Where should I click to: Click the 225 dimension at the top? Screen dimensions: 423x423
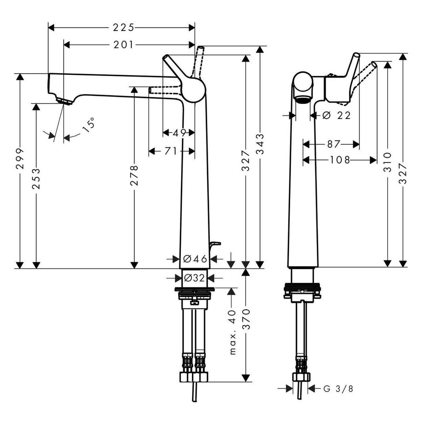[123, 28]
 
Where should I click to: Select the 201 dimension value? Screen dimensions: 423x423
[123, 45]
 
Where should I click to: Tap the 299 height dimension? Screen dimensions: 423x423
[20, 159]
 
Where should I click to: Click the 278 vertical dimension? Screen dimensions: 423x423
[134, 175]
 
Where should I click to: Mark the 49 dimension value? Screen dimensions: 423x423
[179, 132]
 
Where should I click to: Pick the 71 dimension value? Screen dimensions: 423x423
[171, 151]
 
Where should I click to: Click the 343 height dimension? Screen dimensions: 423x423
[260, 143]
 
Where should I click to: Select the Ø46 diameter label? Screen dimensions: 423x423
[195, 259]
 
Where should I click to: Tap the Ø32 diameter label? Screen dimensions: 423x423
[194, 278]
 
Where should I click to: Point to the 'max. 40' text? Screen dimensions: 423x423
[232, 332]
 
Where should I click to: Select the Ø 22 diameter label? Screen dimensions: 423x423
[337, 115]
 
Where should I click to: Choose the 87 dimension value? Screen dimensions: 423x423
[333, 144]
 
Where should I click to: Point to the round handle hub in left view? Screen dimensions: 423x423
[194, 90]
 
